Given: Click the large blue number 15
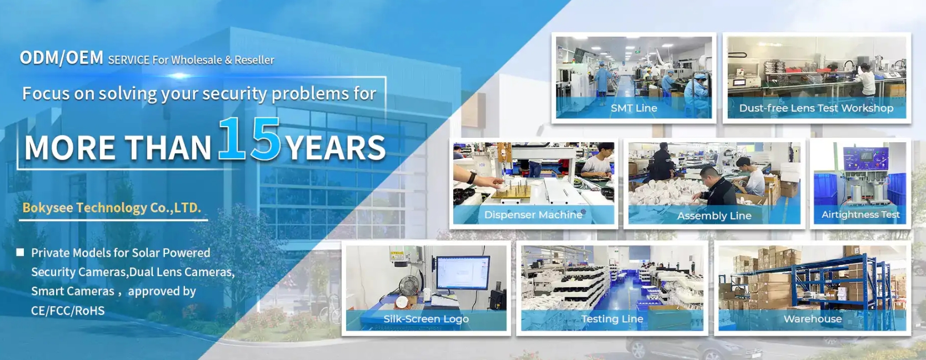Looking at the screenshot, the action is point(249,139).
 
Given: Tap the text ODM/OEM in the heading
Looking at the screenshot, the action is point(62,58).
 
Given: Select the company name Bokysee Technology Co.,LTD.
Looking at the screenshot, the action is point(112,207).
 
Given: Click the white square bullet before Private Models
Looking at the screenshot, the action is point(20,252).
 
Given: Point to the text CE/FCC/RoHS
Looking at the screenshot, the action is point(68,311).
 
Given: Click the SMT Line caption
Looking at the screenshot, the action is point(634,108).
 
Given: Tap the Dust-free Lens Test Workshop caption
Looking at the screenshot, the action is point(817,108).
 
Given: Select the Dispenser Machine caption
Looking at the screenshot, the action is point(533,214).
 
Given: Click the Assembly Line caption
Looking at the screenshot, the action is point(714,216).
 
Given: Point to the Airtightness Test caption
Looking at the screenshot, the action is point(860,214).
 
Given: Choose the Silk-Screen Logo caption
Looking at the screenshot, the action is point(426,319).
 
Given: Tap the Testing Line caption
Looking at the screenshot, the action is point(612,319).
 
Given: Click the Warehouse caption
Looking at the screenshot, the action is point(813,319).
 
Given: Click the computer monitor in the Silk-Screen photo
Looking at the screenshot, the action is point(463,273).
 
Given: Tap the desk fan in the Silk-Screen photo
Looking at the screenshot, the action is point(409,286).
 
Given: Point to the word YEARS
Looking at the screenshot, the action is point(336,148).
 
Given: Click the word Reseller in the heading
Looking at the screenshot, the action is point(254,60).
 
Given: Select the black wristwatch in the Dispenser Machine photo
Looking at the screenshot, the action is point(471,178).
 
